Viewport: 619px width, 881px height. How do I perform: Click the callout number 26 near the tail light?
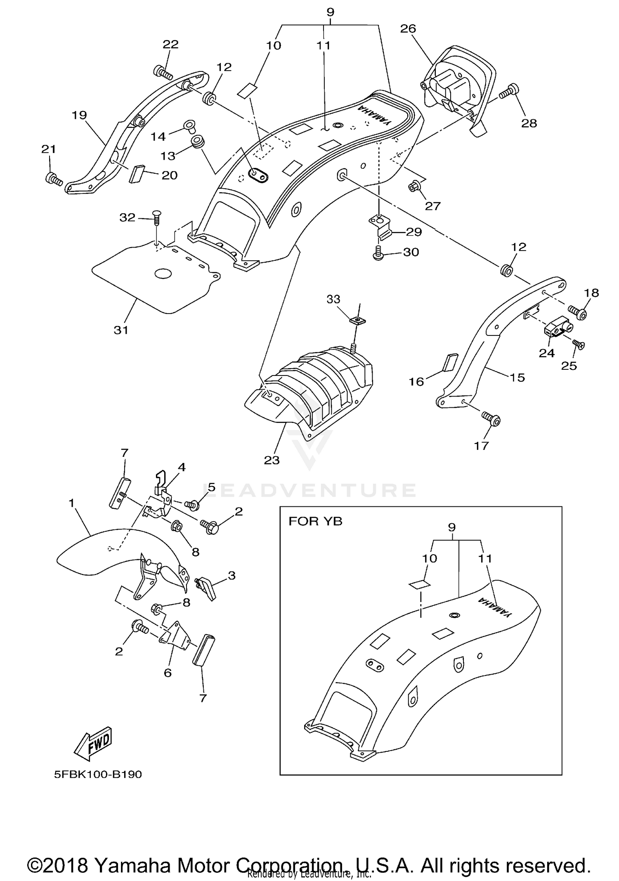[x=408, y=29]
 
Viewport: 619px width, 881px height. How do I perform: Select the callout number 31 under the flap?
[x=121, y=330]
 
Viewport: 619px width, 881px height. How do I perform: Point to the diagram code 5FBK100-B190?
[x=98, y=775]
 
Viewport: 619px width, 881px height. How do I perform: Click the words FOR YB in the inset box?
[x=315, y=521]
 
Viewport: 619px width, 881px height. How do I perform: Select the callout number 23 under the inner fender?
[x=272, y=460]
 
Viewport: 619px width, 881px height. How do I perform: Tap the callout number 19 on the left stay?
[x=79, y=115]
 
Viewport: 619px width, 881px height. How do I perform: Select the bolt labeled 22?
[x=162, y=72]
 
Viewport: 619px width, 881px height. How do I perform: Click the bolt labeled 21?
[x=53, y=179]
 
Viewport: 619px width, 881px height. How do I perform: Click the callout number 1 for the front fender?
[x=72, y=503]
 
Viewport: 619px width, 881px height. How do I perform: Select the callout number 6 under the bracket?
[x=168, y=673]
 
